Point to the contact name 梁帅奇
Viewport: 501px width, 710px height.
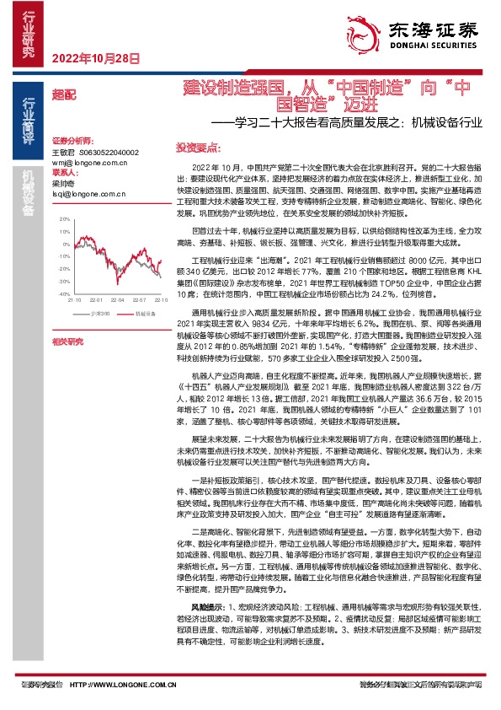63,182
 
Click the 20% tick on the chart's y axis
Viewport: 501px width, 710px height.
65,218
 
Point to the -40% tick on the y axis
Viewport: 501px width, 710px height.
64,293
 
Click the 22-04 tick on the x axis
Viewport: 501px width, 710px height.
118,300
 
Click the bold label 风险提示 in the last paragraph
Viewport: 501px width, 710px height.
205,629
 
